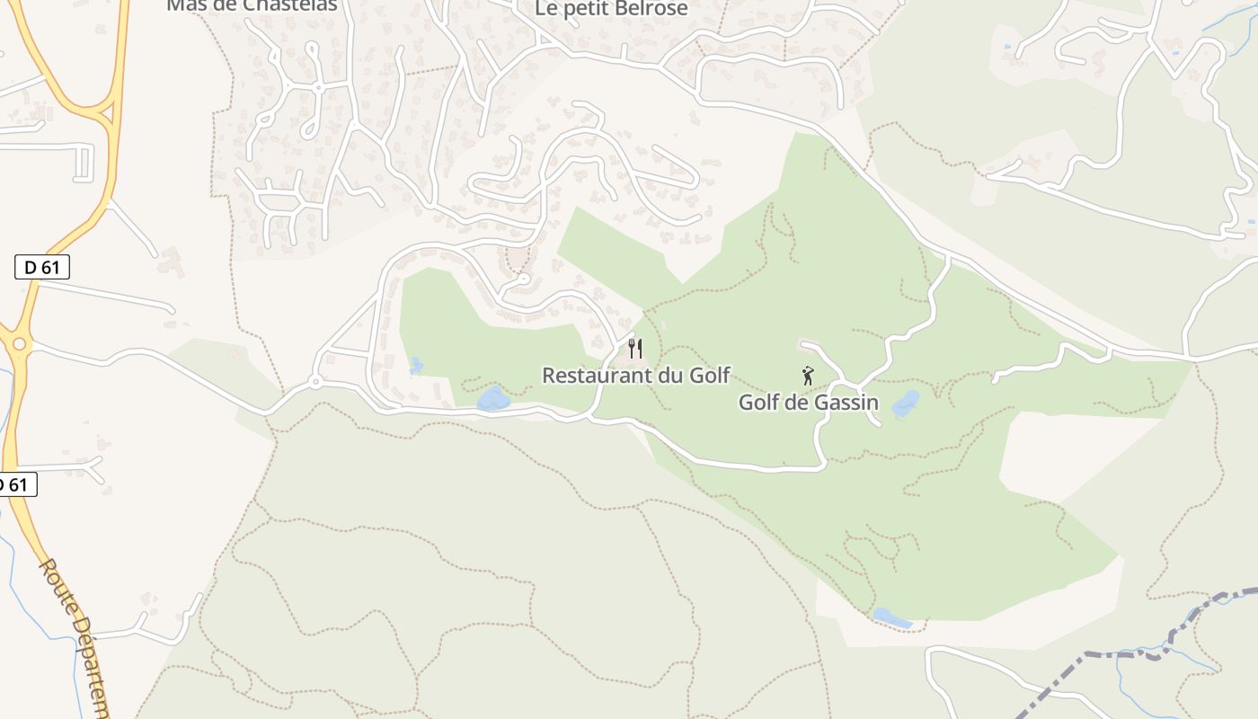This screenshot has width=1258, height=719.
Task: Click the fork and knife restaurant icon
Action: [x=635, y=348]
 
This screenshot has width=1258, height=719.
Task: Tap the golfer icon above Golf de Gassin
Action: [x=808, y=376]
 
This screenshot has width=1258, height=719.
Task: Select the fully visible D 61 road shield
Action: [x=42, y=267]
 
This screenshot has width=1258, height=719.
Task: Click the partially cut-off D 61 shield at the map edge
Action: [x=16, y=484]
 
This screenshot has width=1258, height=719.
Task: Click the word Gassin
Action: [x=846, y=403]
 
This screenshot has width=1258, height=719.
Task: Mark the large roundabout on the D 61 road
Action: [x=18, y=344]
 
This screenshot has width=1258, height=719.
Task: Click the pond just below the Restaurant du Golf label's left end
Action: [x=492, y=399]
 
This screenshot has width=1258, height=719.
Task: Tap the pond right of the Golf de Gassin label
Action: [x=906, y=404]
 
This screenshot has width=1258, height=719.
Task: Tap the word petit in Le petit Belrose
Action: [x=584, y=9]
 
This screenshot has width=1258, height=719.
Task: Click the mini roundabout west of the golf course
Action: [x=315, y=383]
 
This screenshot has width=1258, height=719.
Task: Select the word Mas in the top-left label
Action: [x=186, y=5]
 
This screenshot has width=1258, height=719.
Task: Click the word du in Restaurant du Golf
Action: [x=669, y=376]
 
